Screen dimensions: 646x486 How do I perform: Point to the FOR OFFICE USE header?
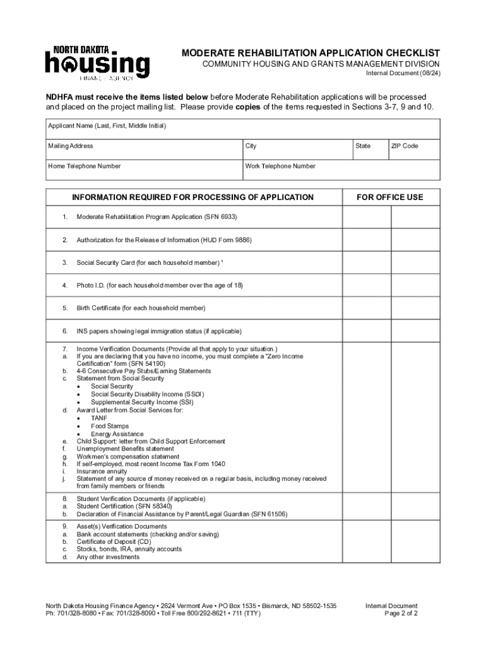point(390,197)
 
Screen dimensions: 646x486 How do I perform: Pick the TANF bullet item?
point(98,418)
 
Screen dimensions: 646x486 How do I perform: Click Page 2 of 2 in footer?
point(401,613)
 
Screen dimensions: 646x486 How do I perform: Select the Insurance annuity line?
point(102,471)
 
